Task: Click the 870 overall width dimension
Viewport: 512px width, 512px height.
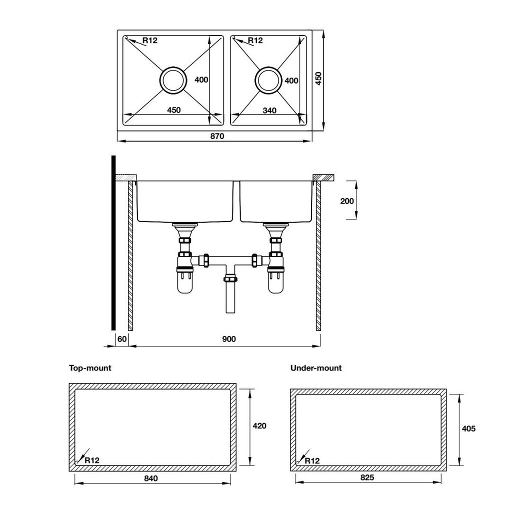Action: (216, 136)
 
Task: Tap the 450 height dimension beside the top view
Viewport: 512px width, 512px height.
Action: (318, 79)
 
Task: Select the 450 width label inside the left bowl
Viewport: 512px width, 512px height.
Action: (173, 110)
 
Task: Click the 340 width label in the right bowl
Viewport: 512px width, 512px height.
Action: (269, 110)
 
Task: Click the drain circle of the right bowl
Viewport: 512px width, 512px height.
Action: (268, 79)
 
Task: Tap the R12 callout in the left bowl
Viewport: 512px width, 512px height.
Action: (149, 40)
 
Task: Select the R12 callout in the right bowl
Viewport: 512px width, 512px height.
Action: (255, 40)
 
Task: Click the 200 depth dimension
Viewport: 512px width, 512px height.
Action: (347, 200)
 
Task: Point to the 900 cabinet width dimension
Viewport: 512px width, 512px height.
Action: (228, 339)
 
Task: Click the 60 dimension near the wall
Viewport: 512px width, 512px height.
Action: (121, 339)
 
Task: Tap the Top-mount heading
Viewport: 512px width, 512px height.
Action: (90, 368)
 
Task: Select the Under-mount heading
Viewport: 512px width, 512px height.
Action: (316, 368)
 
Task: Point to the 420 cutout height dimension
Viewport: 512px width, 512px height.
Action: (259, 426)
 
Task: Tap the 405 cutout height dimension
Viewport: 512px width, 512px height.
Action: (468, 428)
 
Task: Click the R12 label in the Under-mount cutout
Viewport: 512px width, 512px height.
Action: (312, 460)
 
